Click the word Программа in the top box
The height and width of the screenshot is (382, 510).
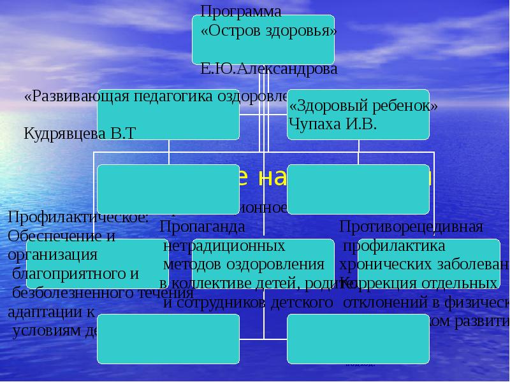(240, 11)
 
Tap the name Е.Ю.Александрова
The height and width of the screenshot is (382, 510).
(269, 69)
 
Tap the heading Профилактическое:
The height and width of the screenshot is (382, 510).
(78, 217)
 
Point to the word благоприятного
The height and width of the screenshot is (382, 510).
(75, 274)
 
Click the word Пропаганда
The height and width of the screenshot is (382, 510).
(202, 226)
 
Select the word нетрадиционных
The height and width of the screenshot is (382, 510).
(224, 245)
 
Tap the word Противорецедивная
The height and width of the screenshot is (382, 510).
(411, 227)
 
